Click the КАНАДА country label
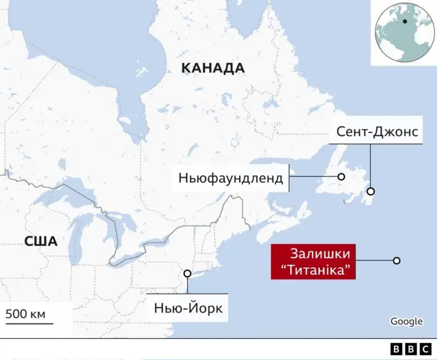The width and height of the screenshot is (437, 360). pyautogui.click(x=212, y=68)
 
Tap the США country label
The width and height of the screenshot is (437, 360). pyautogui.click(x=40, y=240)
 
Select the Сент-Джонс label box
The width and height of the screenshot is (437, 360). pyautogui.click(x=376, y=132)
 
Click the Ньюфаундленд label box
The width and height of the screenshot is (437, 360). pyautogui.click(x=230, y=178)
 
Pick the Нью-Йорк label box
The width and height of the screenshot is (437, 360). pyautogui.click(x=188, y=308)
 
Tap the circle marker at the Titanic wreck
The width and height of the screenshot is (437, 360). pyautogui.click(x=396, y=260)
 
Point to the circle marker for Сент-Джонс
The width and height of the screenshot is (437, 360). pyautogui.click(x=371, y=192)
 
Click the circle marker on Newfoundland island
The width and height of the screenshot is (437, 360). pyautogui.click(x=340, y=178)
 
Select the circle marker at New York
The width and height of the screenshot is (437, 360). pyautogui.click(x=188, y=274)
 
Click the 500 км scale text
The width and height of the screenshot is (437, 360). pyautogui.click(x=25, y=314)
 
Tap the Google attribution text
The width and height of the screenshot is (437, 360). pyautogui.click(x=406, y=321)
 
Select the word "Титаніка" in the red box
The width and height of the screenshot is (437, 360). pyautogui.click(x=320, y=271)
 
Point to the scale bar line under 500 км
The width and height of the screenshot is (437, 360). pyautogui.click(x=36, y=324)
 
